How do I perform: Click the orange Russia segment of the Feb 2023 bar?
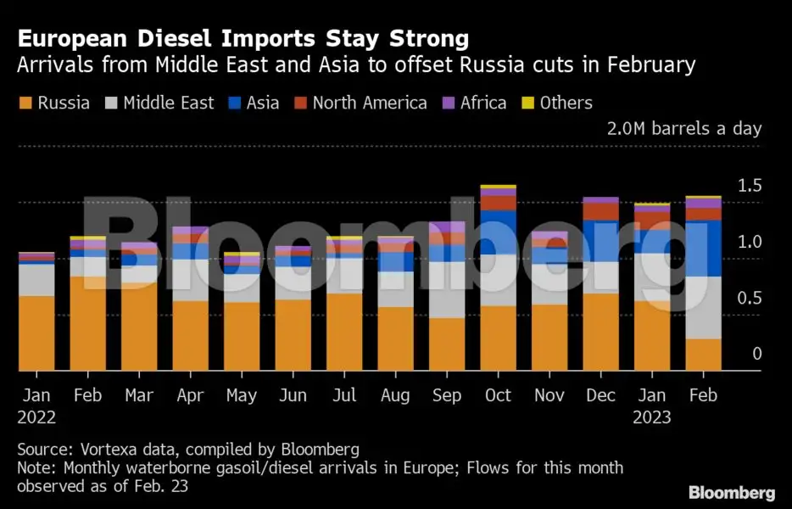coord(703,355)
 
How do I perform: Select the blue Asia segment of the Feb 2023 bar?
coord(703,248)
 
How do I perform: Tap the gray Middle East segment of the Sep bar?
coord(447,289)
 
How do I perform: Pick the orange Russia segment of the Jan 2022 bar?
coord(36,333)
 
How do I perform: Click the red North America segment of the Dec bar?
coord(600,211)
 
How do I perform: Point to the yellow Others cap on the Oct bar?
coord(498,187)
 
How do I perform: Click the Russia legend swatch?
coord(25,103)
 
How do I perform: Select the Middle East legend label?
coord(168,103)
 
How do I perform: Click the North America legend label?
coord(370,103)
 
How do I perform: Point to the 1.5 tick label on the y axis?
coord(750,186)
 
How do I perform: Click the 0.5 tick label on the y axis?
coord(750,298)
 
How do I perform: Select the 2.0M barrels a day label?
coord(683,129)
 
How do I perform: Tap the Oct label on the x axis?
coord(498,396)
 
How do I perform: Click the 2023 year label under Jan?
coord(651,417)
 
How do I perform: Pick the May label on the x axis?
coord(242,396)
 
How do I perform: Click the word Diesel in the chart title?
coord(176,38)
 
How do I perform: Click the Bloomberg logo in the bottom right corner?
coord(731,493)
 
